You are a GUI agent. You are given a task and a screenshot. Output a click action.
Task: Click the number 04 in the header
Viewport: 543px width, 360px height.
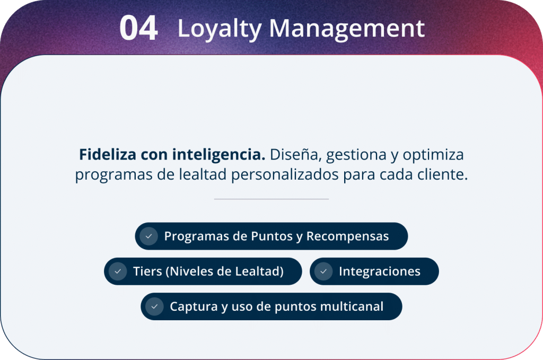pyautogui.click(x=138, y=28)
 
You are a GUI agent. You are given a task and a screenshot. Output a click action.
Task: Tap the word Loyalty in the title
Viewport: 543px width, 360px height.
pyautogui.click(x=219, y=29)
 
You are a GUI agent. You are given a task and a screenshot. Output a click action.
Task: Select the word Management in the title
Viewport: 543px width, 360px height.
pyautogui.click(x=347, y=29)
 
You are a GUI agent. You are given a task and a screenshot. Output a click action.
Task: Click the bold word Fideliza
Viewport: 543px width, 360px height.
pyautogui.click(x=108, y=154)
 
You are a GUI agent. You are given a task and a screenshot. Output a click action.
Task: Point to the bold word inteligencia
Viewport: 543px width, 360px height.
pyautogui.click(x=219, y=155)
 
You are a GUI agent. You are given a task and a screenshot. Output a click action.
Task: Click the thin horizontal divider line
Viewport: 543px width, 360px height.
pyautogui.click(x=271, y=199)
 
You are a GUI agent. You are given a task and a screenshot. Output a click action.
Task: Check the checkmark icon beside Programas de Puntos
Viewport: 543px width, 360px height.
pyautogui.click(x=149, y=236)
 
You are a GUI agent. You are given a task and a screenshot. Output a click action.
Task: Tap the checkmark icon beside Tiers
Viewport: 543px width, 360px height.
pyautogui.click(x=118, y=271)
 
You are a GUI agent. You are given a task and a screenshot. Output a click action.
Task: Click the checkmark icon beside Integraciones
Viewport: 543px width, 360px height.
pyautogui.click(x=323, y=271)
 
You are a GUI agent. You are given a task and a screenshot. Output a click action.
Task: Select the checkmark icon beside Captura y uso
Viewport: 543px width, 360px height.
pyautogui.click(x=154, y=306)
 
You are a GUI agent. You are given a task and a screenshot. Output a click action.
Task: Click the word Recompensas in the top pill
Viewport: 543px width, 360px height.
pyautogui.click(x=347, y=236)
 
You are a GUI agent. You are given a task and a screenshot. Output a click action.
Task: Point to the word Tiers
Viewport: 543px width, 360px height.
pyautogui.click(x=147, y=271)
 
